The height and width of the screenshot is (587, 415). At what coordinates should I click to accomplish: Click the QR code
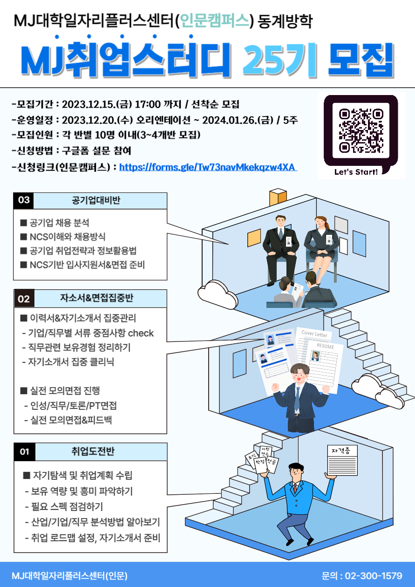pyautogui.click(x=361, y=130)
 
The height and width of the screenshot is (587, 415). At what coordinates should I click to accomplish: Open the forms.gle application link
pyautogui.click(x=208, y=167)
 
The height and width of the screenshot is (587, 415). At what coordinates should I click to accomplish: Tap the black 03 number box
pyautogui.click(x=24, y=200)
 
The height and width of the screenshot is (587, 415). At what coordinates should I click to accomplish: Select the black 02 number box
pyautogui.click(x=24, y=299)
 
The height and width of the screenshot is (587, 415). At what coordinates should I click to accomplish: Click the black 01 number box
pyautogui.click(x=24, y=451)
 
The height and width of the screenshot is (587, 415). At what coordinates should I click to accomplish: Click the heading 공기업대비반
pyautogui.click(x=96, y=200)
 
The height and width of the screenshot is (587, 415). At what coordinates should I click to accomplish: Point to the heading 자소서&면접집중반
pyautogui.click(x=97, y=298)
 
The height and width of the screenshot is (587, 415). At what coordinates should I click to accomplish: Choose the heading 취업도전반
pyautogui.click(x=93, y=451)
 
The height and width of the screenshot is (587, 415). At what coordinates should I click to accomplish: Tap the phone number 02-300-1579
pyautogui.click(x=374, y=576)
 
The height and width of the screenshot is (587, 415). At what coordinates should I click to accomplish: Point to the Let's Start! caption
pyautogui.click(x=356, y=172)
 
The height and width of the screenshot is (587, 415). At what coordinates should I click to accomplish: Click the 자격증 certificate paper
pyautogui.click(x=343, y=460)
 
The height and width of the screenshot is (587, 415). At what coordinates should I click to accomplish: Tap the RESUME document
pyautogui.click(x=325, y=364)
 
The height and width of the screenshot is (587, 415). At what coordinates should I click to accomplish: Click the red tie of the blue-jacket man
pyautogui.click(x=295, y=488)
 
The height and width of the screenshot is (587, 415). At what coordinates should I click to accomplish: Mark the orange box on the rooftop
pyautogui.click(x=278, y=197)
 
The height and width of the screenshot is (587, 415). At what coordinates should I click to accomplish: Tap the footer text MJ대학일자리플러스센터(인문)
pyautogui.click(x=70, y=576)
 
